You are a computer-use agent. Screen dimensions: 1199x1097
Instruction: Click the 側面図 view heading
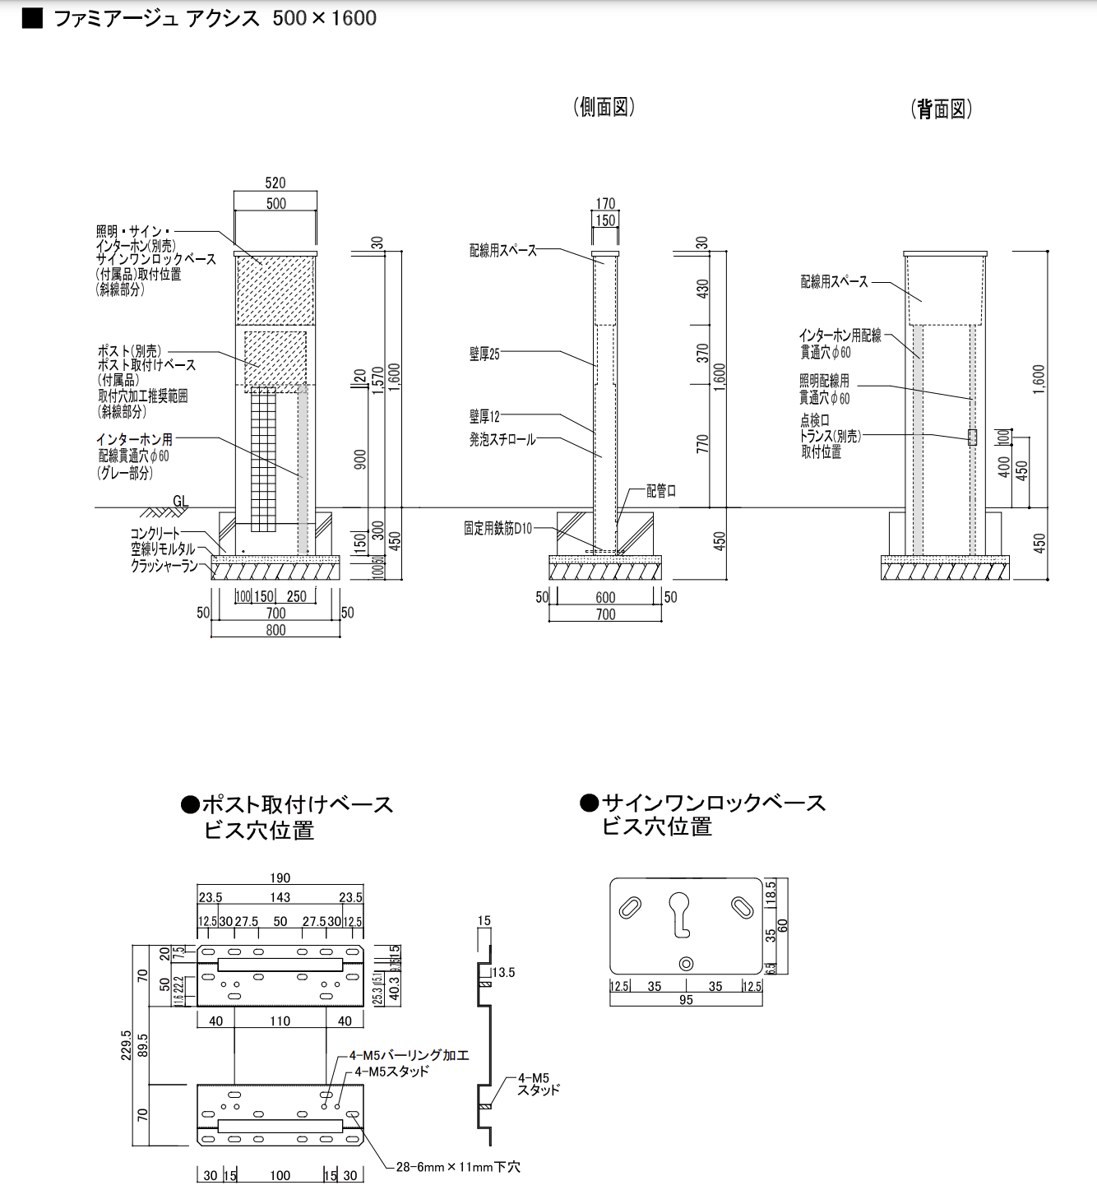pos(604,107)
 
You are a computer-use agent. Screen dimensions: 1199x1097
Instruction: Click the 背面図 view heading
pos(941,109)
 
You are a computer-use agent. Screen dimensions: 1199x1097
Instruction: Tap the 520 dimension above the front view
pos(275,183)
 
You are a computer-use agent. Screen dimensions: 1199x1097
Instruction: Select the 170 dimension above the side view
pos(605,203)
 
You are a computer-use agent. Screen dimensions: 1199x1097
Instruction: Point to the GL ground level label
pos(181,501)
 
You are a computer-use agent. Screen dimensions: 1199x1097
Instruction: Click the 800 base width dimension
pos(275,630)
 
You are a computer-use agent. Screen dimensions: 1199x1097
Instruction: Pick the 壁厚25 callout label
pos(484,354)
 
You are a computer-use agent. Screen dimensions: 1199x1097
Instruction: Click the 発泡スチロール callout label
pos(502,440)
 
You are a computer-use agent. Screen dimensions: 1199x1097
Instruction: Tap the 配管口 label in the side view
pos(660,491)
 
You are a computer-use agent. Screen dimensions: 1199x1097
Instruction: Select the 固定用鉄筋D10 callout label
pos(498,529)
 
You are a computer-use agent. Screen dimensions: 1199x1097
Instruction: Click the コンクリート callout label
pos(155,534)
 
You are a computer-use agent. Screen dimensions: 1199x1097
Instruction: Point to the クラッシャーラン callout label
pos(164,566)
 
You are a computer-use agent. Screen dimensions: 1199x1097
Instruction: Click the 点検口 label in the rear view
pos(814,420)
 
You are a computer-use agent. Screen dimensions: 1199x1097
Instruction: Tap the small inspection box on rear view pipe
pos(972,437)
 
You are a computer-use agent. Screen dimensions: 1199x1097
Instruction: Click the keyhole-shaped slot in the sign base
pos(679,914)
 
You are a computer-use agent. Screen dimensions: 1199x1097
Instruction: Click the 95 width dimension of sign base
pos(686,1000)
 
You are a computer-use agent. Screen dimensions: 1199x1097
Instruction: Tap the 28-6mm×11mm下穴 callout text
pos(457,1167)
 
